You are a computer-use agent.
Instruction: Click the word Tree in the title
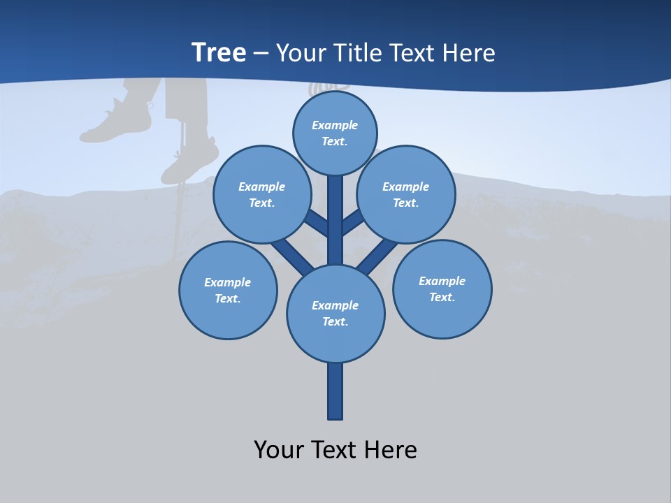218,52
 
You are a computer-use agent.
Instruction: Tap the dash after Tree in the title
261,54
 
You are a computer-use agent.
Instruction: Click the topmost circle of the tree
335,133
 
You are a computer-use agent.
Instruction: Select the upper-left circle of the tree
262,194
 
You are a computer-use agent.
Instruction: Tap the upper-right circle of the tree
406,194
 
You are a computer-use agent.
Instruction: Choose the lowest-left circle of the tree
228,290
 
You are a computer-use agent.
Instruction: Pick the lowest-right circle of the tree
442,289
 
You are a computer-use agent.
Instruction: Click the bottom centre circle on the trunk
335,313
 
